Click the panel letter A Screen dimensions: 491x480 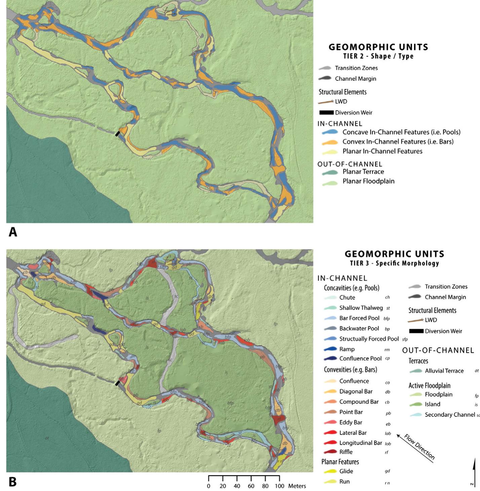pos(12,232)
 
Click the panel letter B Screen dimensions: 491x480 pos(12,482)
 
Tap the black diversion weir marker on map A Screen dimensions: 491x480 pos(117,134)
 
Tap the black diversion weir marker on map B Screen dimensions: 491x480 pos(117,383)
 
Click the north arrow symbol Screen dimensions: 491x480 pos(474,470)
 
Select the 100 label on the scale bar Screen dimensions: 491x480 pos(279,486)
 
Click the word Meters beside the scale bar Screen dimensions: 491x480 pos(297,486)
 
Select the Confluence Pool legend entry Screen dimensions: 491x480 pos(360,358)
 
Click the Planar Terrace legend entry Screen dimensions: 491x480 pos(363,172)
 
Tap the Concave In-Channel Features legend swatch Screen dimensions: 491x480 pos(330,132)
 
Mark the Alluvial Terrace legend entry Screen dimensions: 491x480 pos(444,371)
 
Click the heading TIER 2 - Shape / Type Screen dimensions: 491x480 pos(378,56)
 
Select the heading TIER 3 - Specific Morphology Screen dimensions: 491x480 pos(394,263)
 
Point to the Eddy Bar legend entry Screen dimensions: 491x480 pos(351,422)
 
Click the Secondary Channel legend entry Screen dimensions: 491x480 pos(450,415)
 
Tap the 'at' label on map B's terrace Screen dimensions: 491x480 pos(47,438)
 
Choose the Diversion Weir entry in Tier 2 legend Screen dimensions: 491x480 pos(353,113)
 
